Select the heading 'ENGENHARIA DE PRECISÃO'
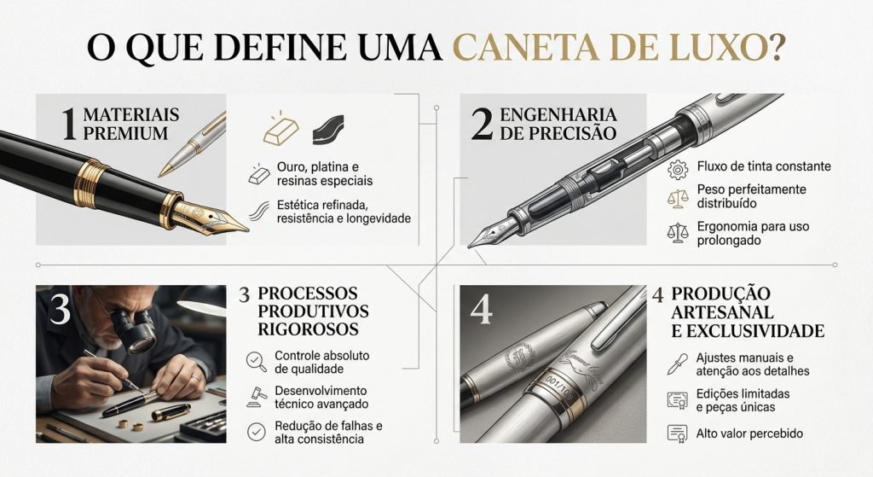pyautogui.click(x=558, y=125)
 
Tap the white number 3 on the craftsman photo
pyautogui.click(x=59, y=311)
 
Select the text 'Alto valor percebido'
pyautogui.click(x=749, y=433)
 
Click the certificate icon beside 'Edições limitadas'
pyautogui.click(x=678, y=399)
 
